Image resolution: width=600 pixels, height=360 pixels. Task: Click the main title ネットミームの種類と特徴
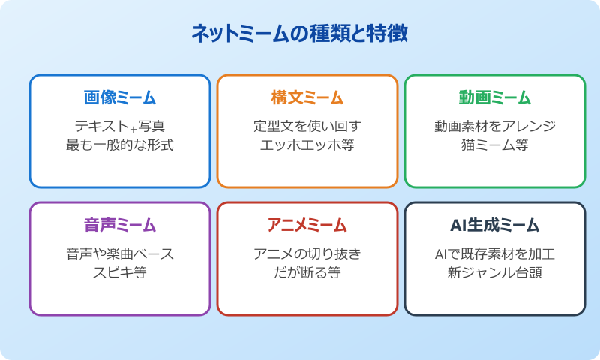pos(300,34)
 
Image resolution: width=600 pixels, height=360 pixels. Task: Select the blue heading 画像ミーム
pos(120,97)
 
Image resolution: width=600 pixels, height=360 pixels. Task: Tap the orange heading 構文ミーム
pos(307,97)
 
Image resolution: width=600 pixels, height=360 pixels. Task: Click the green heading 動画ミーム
pos(495,97)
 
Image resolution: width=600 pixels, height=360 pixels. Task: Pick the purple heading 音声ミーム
pos(120,225)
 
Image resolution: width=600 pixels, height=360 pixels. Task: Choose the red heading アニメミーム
pos(307,225)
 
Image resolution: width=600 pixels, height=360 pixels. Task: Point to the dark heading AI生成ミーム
pos(495,225)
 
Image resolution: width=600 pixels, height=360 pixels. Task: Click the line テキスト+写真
pos(120,126)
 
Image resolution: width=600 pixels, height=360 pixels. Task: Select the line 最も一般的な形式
pos(120,145)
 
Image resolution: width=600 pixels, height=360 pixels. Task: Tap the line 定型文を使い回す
pos(307,126)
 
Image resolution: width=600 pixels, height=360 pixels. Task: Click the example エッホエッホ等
pos(307,145)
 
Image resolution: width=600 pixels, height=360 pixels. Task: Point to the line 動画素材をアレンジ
pos(495,126)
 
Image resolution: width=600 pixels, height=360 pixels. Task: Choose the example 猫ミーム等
pos(495,145)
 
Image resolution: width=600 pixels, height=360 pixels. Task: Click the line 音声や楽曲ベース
pos(120,253)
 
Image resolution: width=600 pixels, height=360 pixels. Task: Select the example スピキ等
pos(120,272)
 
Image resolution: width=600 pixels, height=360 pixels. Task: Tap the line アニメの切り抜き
pos(307,253)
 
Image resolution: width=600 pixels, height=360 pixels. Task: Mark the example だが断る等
pos(307,272)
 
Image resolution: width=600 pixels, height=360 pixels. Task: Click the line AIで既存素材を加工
pos(495,253)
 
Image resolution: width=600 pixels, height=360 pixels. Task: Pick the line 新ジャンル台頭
pos(495,272)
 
